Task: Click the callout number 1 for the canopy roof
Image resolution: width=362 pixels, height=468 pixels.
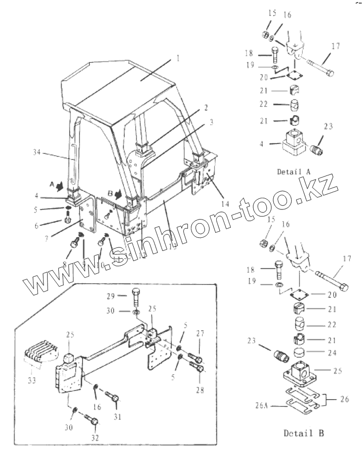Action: point(178,58)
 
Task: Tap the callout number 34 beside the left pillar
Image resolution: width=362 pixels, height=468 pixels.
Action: point(36,151)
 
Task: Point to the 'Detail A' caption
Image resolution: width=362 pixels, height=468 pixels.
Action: point(294,171)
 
